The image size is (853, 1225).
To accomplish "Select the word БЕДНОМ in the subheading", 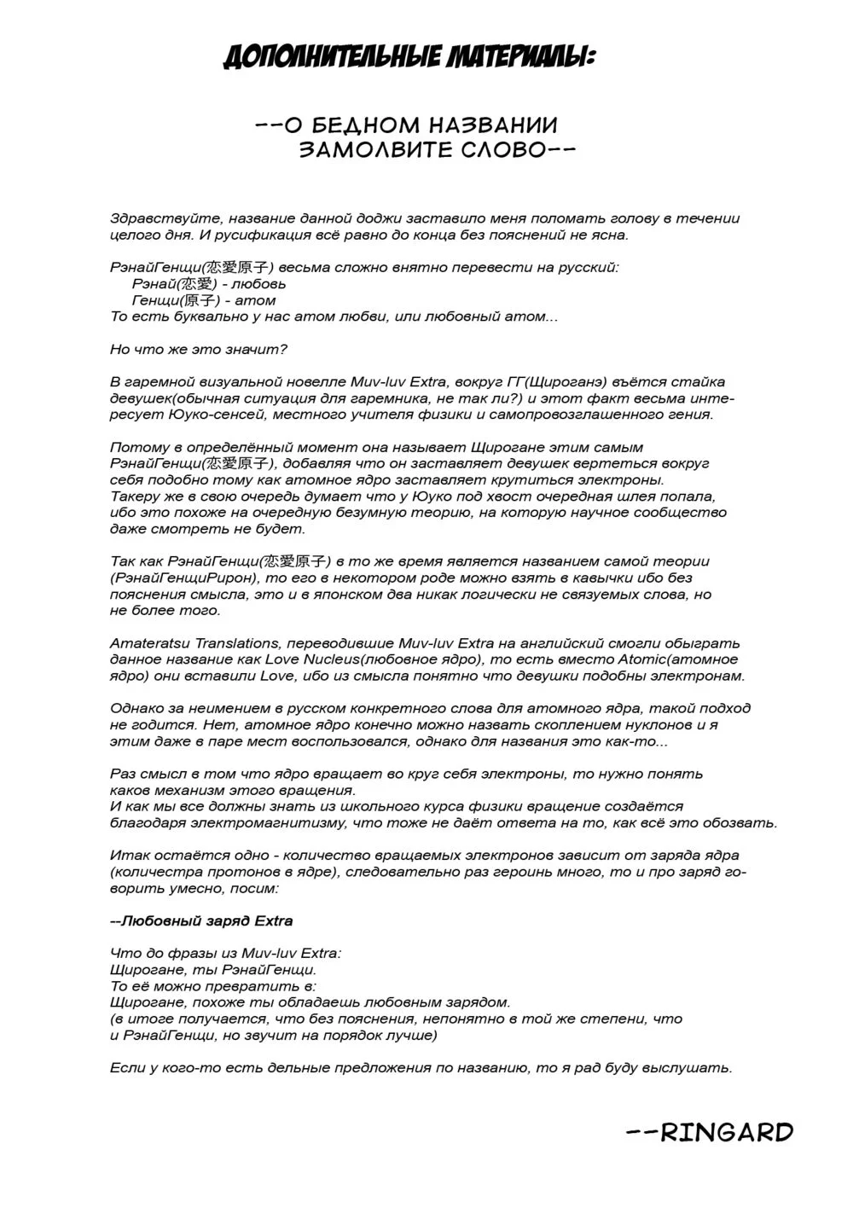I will pyautogui.click(x=363, y=125).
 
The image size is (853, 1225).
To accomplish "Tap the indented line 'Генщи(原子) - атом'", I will pyautogui.click(x=204, y=300).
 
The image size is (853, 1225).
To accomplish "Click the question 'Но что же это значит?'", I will pyautogui.click(x=199, y=349).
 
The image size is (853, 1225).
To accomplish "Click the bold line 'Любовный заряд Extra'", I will pyautogui.click(x=201, y=920).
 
